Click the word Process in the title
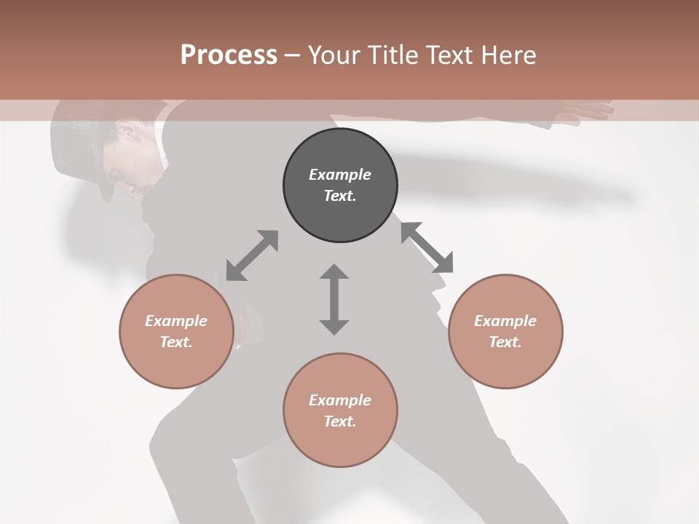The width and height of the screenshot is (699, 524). point(229,55)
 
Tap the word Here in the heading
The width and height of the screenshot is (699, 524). point(508,55)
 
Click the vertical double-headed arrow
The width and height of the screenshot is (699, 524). point(334,300)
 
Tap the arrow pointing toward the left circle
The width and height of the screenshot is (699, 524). point(252,255)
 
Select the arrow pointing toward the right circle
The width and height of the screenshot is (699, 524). point(427,247)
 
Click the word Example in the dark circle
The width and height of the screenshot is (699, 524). point(340,175)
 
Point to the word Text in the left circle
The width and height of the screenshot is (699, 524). point(176,342)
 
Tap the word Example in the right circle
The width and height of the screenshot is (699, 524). point(505,321)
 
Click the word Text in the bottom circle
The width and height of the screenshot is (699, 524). point(340,421)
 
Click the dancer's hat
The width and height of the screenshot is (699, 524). point(80,142)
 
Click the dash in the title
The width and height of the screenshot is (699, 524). point(293,55)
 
